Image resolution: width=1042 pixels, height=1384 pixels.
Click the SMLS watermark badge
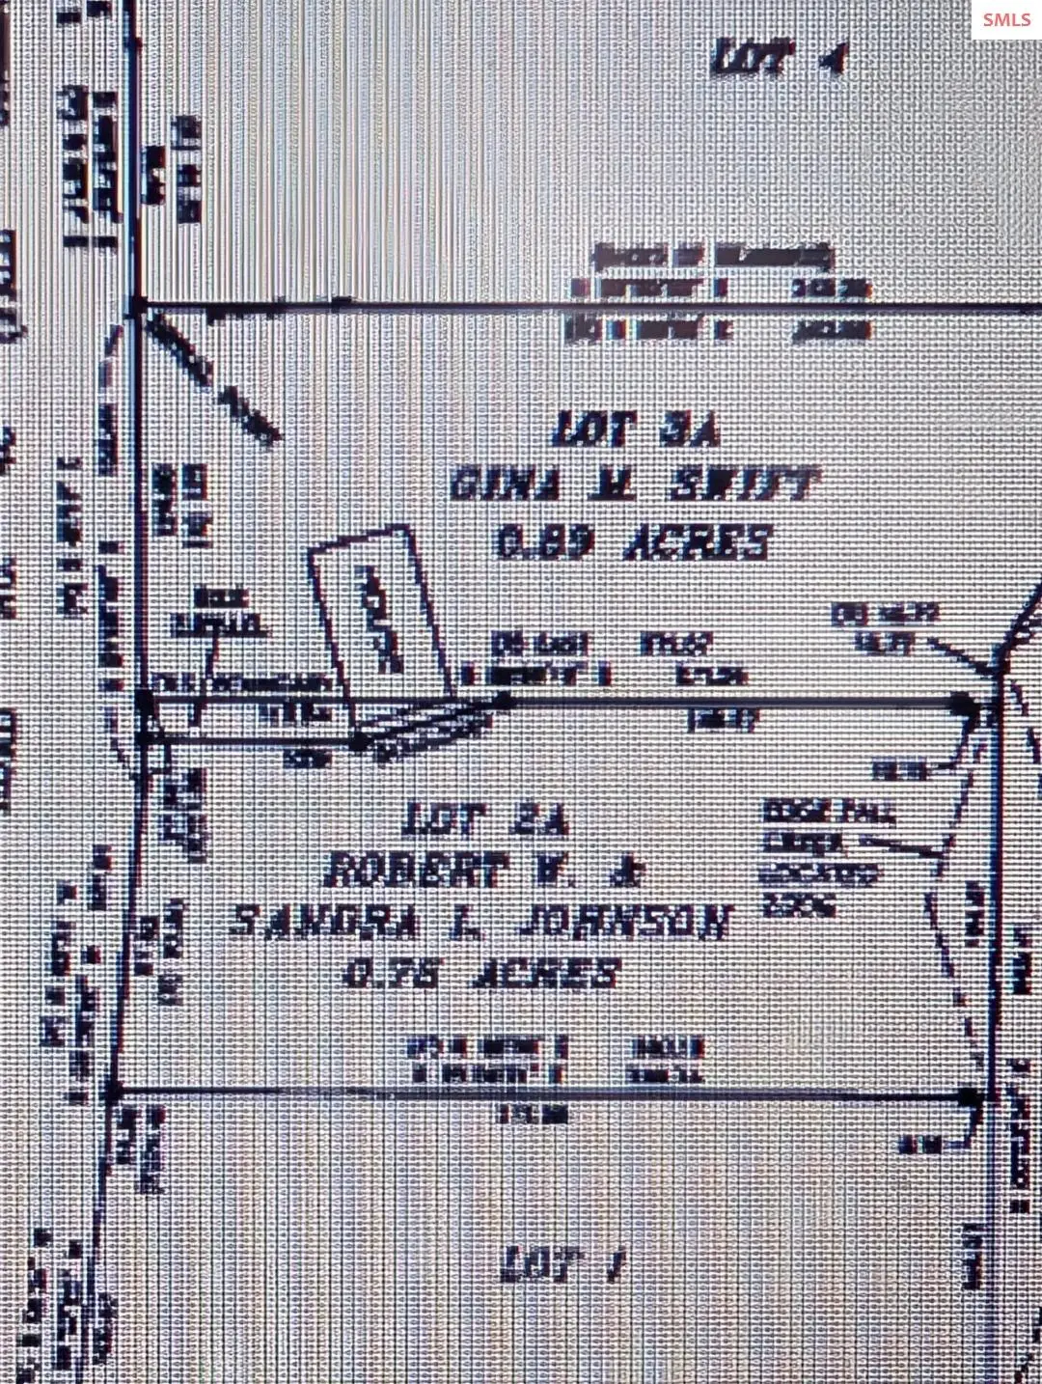click(1006, 19)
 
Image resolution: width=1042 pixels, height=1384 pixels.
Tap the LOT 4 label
click(778, 59)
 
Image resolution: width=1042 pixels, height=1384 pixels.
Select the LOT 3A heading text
click(636, 429)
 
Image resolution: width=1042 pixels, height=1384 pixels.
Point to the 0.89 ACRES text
click(634, 541)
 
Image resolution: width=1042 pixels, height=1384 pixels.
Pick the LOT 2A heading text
click(487, 820)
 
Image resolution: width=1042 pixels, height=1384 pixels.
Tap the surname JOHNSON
click(624, 922)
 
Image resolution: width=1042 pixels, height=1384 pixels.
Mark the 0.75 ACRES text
click(481, 973)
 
